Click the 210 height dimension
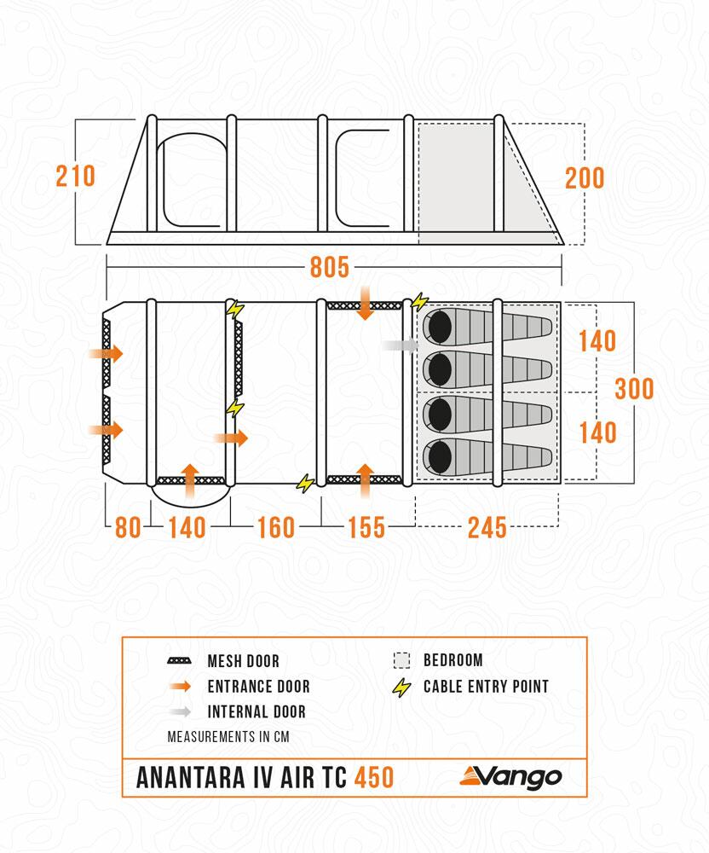(75, 177)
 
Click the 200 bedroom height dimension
(585, 178)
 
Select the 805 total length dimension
(329, 268)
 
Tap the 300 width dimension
(634, 389)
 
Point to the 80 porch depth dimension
(128, 528)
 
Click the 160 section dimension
(275, 528)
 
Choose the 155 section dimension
(366, 528)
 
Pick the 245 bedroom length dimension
(487, 528)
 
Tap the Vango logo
(510, 776)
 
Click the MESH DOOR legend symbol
(180, 661)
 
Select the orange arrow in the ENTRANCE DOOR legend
(180, 687)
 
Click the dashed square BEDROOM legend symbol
(401, 660)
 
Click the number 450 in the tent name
(374, 778)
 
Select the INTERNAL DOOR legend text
(256, 711)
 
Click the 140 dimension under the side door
(187, 528)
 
